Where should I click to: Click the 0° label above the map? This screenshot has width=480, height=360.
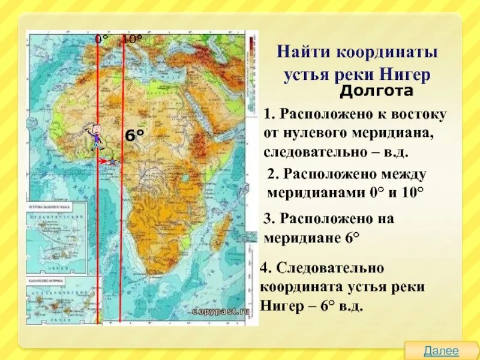(102, 39)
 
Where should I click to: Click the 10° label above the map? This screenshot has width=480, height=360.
(132, 39)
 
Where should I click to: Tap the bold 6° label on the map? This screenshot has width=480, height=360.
(134, 136)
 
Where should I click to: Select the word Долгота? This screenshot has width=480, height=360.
(377, 92)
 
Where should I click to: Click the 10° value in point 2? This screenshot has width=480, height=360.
(412, 193)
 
